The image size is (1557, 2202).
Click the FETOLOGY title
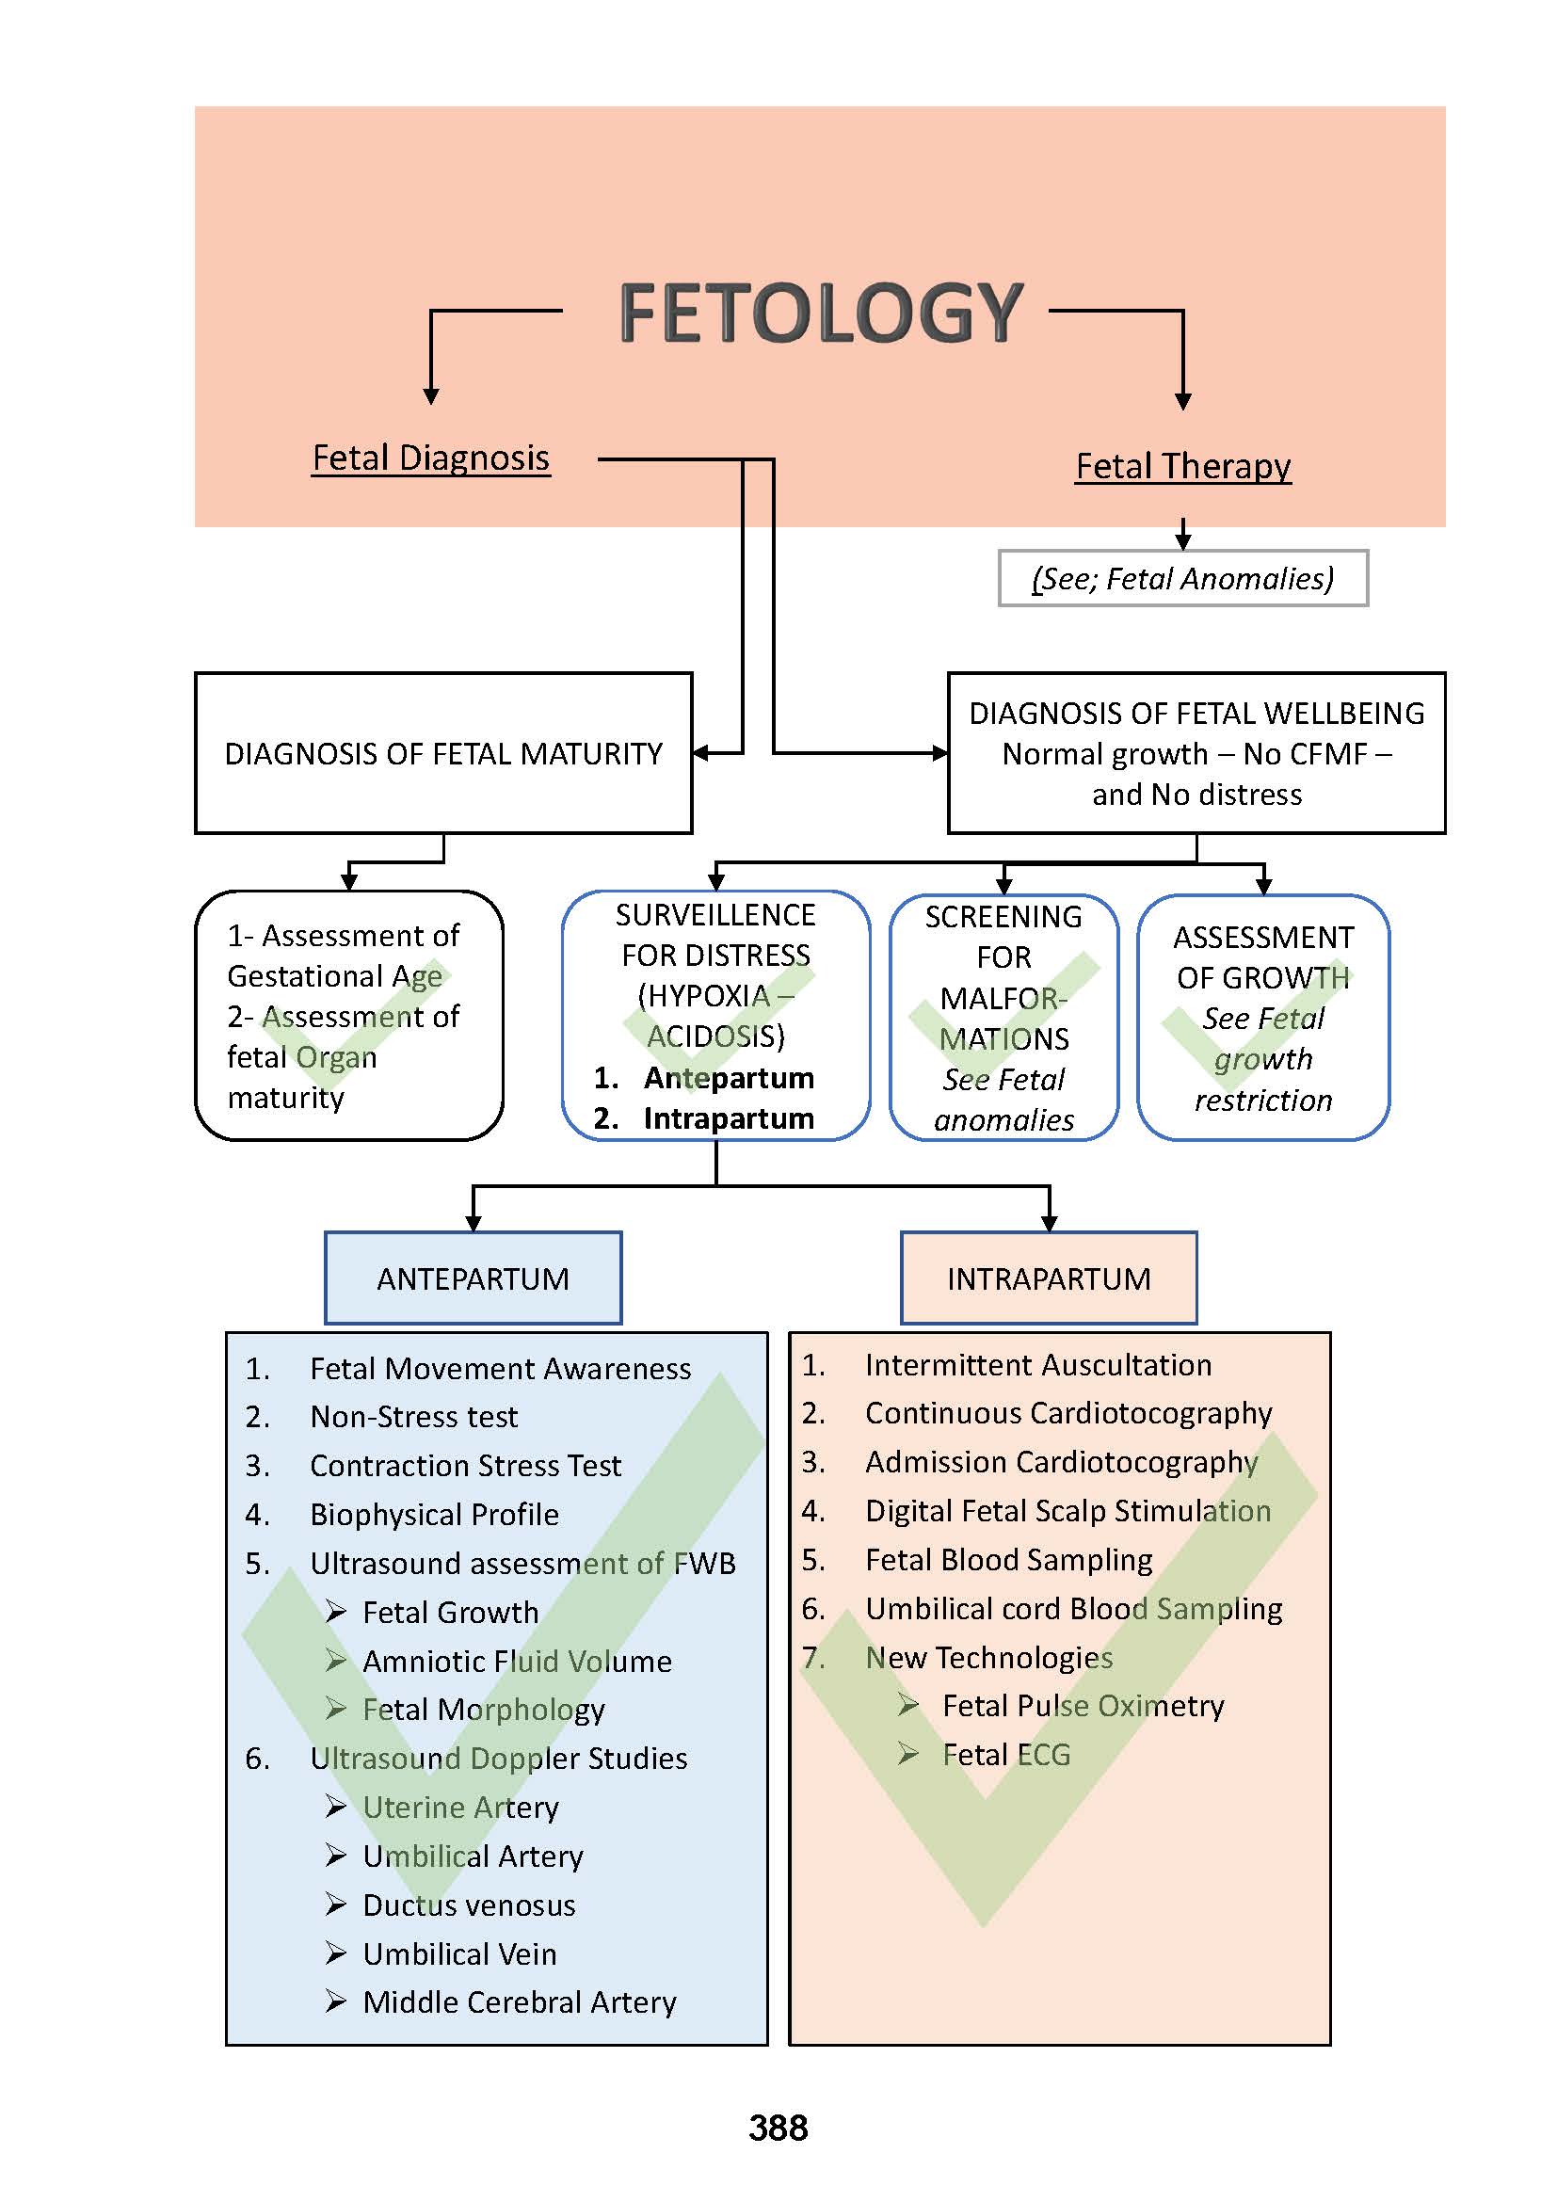coord(821,313)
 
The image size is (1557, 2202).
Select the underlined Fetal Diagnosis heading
coord(430,458)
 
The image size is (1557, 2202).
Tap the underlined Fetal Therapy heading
coord(1182,467)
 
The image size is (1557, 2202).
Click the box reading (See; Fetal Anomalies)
coord(1182,578)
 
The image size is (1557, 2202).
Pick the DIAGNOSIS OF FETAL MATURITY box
coord(443,754)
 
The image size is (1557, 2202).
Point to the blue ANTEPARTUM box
coord(473,1278)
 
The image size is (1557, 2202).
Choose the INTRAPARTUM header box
coord(1048,1278)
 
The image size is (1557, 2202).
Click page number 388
coord(778,2128)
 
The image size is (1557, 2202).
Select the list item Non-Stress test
coord(413,1417)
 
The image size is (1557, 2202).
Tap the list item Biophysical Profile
coord(434,1515)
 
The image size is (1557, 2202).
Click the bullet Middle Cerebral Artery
coord(519,2001)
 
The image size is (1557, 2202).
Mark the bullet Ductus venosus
coord(469,1905)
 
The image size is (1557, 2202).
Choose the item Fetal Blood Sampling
coord(1008,1559)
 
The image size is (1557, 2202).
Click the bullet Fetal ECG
coord(1005,1754)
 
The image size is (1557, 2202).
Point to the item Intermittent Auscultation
coord(1037,1365)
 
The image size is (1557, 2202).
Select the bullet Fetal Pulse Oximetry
coord(1083,1705)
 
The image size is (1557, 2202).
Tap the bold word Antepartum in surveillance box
coord(729,1078)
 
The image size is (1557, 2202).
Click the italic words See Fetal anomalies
coord(1003,1100)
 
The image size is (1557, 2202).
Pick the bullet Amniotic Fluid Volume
coord(517,1661)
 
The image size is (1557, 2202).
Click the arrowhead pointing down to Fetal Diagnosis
coord(431,396)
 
